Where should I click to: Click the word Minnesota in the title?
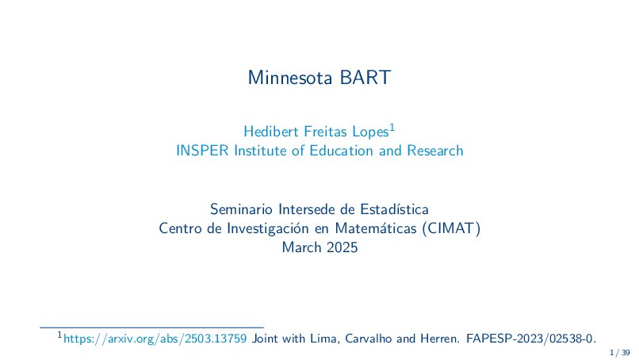290,78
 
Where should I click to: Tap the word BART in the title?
365,78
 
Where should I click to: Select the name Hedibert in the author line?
271,132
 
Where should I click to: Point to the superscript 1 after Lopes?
392,127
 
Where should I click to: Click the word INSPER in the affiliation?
202,151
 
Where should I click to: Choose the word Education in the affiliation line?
342,151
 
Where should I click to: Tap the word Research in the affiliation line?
435,151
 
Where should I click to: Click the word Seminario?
241,209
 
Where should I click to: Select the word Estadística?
395,209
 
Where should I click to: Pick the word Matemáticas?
376,228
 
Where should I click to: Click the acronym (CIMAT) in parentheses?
452,228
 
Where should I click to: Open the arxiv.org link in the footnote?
155,339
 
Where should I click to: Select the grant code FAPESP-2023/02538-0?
531,339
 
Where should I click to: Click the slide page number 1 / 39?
620,353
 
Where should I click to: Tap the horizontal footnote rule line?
151,327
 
